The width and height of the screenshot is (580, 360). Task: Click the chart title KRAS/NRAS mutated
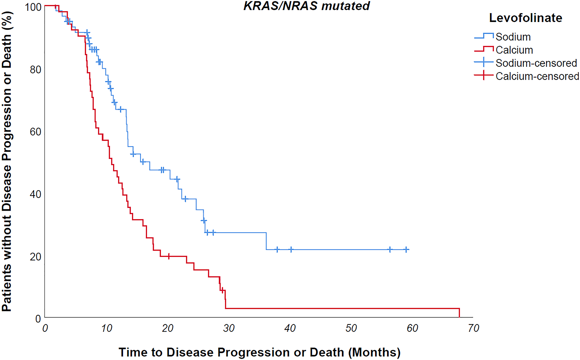[307, 6]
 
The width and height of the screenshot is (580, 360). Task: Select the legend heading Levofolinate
[525, 18]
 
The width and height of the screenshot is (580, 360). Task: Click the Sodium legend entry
[513, 37]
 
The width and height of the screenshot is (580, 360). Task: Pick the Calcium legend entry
[514, 50]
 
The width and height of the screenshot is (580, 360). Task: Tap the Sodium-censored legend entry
[536, 63]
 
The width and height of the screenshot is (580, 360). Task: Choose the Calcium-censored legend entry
[537, 76]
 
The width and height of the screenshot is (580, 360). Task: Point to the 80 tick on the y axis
[35, 70]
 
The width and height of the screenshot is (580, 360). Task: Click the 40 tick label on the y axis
[35, 194]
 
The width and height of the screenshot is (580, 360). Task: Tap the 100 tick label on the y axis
[33, 7]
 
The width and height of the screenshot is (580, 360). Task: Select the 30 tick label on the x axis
[229, 328]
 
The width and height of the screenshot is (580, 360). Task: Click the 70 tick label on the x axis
[473, 328]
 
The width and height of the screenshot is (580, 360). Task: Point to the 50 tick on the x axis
[351, 328]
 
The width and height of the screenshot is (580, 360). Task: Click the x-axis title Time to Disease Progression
[260, 352]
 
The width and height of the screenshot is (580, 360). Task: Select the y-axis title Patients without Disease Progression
[7, 161]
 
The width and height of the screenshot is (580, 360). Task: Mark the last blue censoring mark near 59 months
[406, 249]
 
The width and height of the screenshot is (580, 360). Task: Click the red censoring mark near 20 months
[168, 256]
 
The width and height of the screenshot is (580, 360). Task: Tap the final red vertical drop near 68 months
[459, 313]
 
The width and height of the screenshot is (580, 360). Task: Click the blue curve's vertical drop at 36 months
[266, 241]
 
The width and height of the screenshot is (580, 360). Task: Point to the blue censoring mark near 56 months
[390, 249]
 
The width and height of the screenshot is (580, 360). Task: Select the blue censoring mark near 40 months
[291, 249]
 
